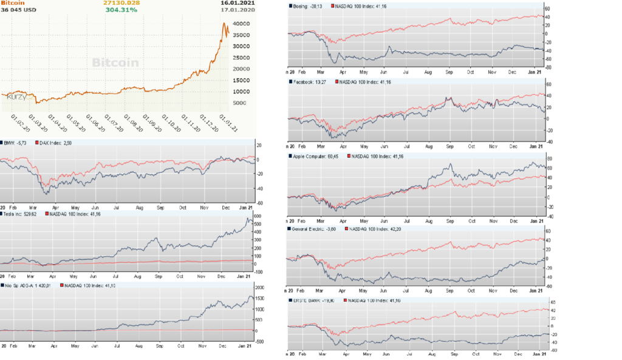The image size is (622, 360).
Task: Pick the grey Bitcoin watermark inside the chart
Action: (115, 63)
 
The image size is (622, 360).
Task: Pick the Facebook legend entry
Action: (311, 82)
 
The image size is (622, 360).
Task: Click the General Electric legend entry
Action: (315, 229)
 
